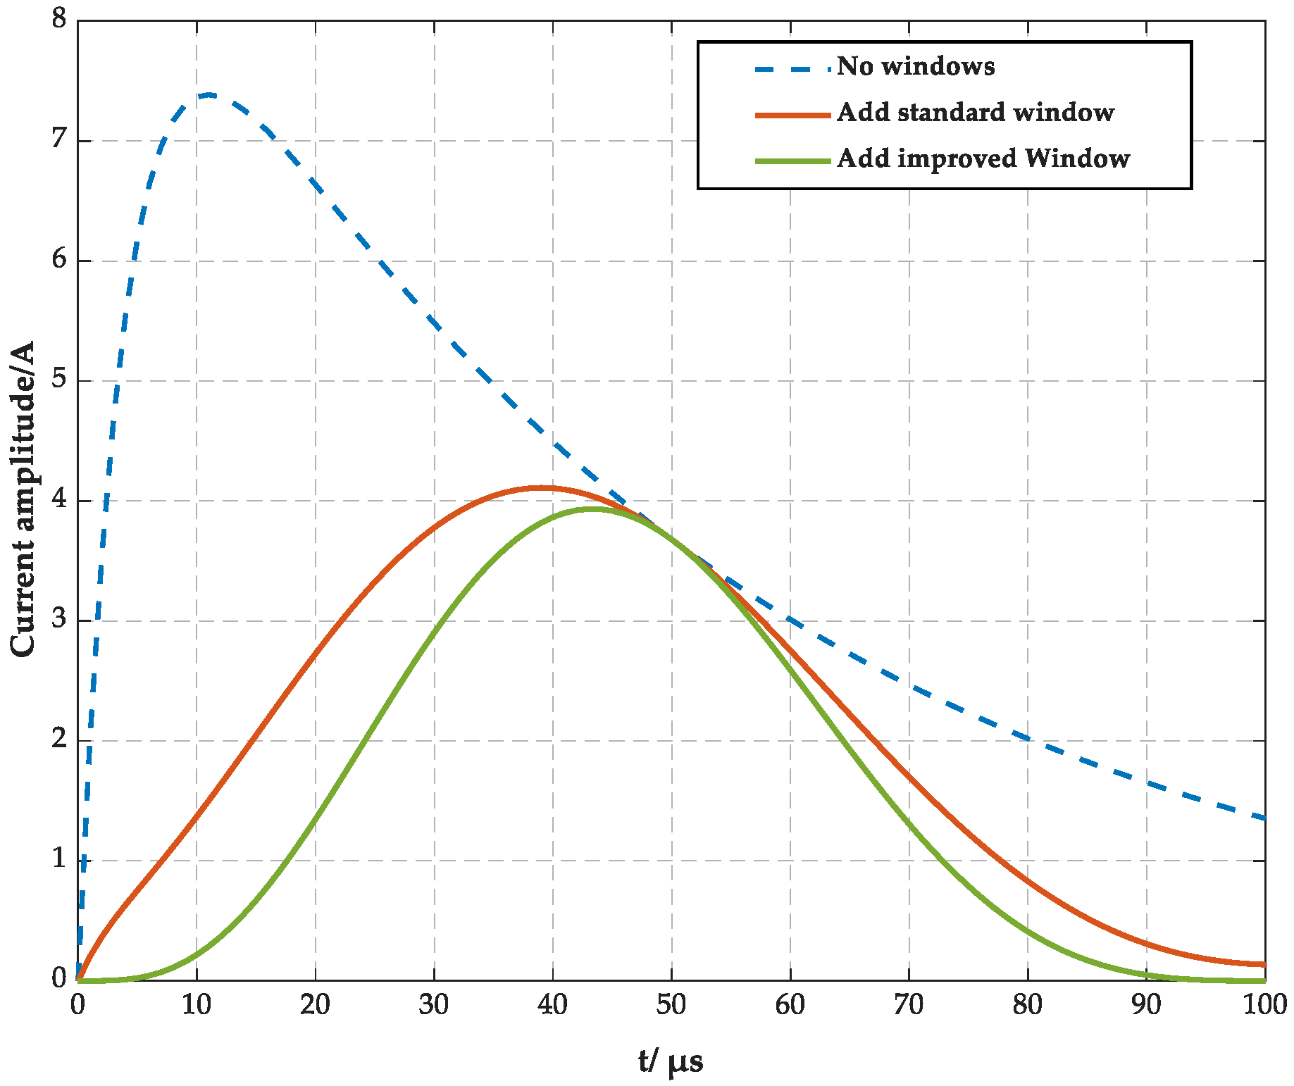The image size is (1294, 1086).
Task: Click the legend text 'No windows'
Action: pyautogui.click(x=915, y=66)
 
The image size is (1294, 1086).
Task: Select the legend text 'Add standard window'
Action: pyautogui.click(x=975, y=113)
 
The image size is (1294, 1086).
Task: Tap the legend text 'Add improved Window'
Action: pyautogui.click(x=983, y=158)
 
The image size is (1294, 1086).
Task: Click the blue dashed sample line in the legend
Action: pyautogui.click(x=792, y=68)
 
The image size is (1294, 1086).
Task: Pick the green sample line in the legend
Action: pyautogui.click(x=792, y=161)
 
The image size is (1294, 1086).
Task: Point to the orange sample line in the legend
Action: pyautogui.click(x=792, y=115)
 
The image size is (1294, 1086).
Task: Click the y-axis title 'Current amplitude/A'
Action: pyautogui.click(x=23, y=499)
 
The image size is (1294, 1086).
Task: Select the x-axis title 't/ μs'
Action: pyautogui.click(x=670, y=1060)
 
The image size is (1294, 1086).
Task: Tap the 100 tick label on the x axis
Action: pyautogui.click(x=1264, y=1005)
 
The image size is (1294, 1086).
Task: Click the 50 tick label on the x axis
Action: pyautogui.click(x=671, y=1005)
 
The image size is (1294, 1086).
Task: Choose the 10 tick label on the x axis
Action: pyautogui.click(x=196, y=1005)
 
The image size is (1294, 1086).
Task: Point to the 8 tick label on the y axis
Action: pyautogui.click(x=59, y=19)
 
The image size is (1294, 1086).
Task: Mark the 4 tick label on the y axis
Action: pyautogui.click(x=59, y=500)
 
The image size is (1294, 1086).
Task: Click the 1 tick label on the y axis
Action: pyautogui.click(x=59, y=860)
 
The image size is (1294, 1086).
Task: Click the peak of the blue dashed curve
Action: pyautogui.click(x=208, y=94)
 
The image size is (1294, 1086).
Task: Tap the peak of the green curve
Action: pyautogui.click(x=593, y=508)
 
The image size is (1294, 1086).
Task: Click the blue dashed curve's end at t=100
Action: pyautogui.click(x=1264, y=818)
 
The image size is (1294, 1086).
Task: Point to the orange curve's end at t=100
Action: pyautogui.click(x=1264, y=964)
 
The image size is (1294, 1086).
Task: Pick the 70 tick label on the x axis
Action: pyautogui.click(x=909, y=1005)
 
